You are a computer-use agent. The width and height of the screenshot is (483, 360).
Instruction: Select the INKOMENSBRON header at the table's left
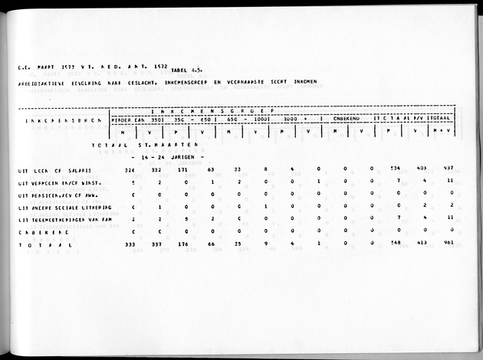pyautogui.click(x=53, y=120)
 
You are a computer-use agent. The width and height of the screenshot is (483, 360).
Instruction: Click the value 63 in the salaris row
pyautogui.click(x=211, y=169)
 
